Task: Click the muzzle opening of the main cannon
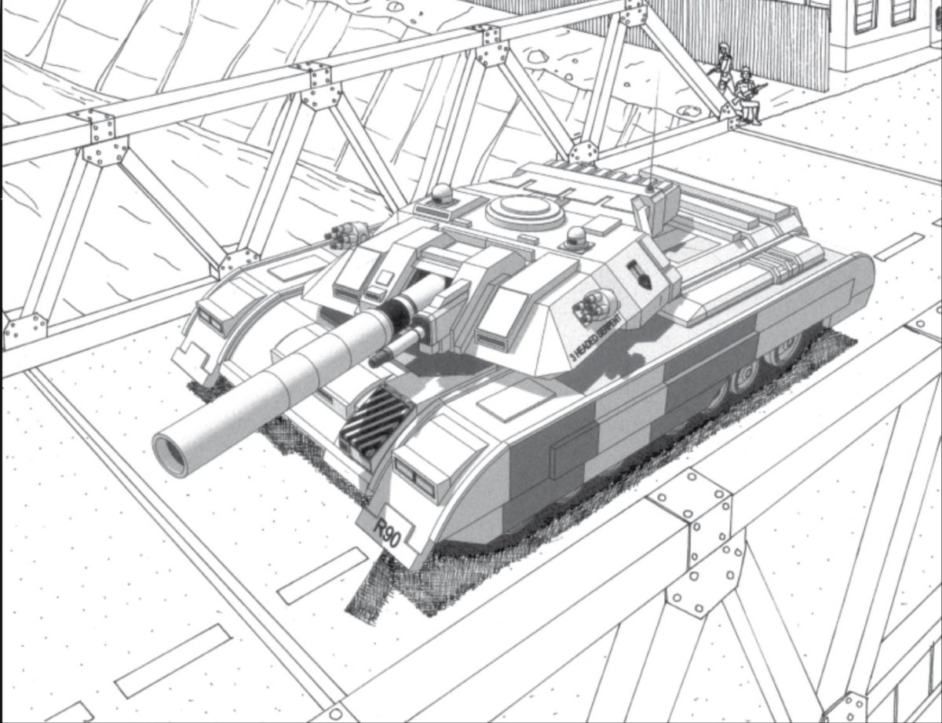(171, 455)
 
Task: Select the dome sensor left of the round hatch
(442, 193)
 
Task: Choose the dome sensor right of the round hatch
(577, 236)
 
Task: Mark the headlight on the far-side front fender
(210, 319)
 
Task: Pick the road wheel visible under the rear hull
(742, 380)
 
